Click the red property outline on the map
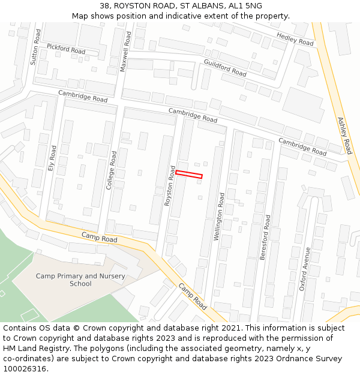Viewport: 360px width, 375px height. (x=188, y=174)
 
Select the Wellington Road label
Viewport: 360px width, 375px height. (x=220, y=217)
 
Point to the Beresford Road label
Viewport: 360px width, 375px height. (x=265, y=237)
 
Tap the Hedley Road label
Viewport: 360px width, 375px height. (x=295, y=40)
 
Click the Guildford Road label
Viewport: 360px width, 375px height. (x=225, y=68)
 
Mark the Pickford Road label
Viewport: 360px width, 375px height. (x=66, y=49)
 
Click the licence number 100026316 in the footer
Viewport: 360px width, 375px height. (x=25, y=369)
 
